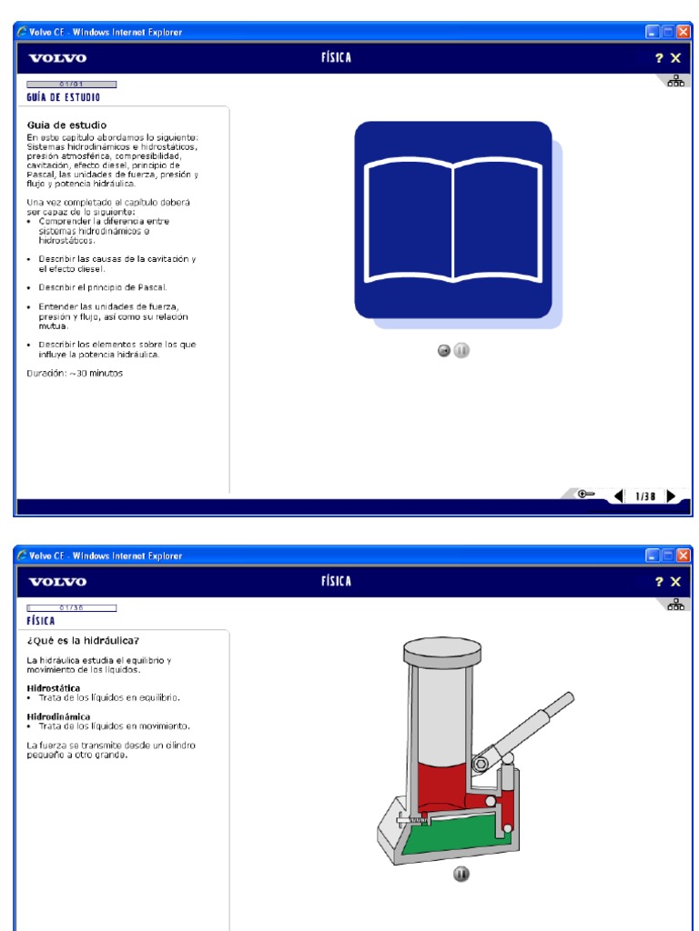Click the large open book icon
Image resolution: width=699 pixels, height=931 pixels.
click(x=452, y=220)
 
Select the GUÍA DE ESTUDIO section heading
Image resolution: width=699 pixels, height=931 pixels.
click(x=64, y=96)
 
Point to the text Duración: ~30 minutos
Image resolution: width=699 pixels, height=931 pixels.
click(x=75, y=373)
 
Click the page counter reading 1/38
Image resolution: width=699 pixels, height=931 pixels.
click(x=644, y=496)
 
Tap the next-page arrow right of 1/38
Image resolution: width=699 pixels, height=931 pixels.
click(x=671, y=496)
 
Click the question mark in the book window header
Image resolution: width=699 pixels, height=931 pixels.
click(x=657, y=58)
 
